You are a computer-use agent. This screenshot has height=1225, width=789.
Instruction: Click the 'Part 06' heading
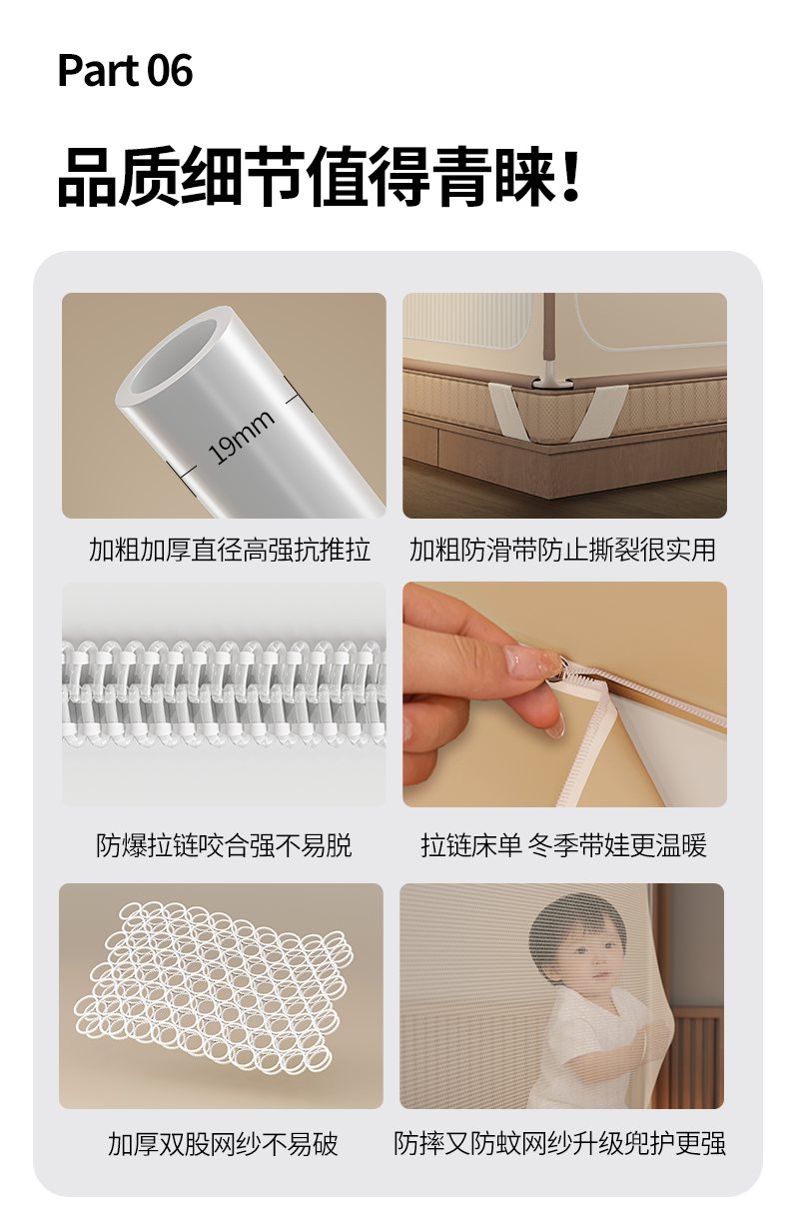tap(125, 71)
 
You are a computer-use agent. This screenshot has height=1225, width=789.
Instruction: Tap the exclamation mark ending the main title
tap(571, 177)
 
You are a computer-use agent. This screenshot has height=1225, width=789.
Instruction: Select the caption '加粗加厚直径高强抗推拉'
tap(230, 550)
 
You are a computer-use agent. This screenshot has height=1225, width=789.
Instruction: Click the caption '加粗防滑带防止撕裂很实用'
tap(562, 550)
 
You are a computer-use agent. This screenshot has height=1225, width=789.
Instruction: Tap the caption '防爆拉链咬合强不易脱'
tap(224, 845)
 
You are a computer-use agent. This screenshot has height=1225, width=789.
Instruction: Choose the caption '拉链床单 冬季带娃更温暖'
tap(563, 845)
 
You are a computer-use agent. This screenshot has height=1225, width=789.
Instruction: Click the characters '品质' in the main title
tap(119, 177)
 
